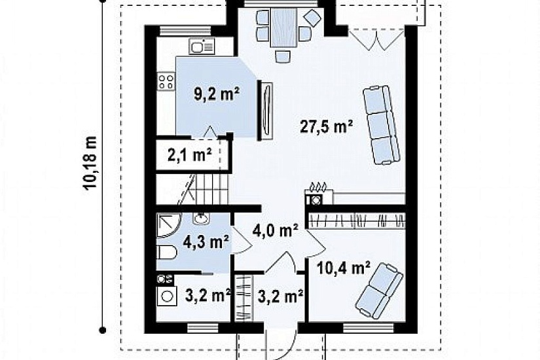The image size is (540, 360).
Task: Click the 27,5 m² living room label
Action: tap(327, 126)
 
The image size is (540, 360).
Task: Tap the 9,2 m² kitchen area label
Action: tap(217, 94)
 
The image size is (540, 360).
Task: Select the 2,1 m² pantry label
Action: tap(190, 156)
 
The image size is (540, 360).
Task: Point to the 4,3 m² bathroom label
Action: tap(207, 242)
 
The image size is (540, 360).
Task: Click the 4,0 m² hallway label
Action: tap(276, 230)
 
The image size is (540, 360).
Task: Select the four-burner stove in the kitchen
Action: tap(166, 81)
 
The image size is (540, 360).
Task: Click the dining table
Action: tap(283, 28)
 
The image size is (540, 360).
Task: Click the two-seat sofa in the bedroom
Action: tap(379, 291)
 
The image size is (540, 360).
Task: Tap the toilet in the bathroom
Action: tap(167, 253)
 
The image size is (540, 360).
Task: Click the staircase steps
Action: tap(193, 189)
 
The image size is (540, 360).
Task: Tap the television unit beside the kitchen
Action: tap(266, 111)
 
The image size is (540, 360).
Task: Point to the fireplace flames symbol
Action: tap(318, 187)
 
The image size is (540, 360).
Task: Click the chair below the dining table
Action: tap(283, 56)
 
